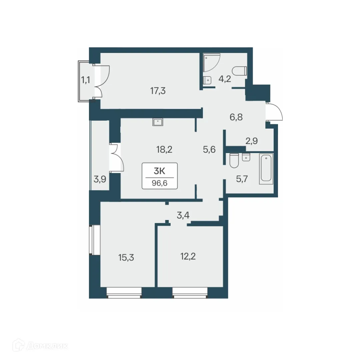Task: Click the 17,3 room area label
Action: [x=158, y=90]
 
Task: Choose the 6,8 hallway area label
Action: [x=236, y=117]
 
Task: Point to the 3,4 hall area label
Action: [x=183, y=215]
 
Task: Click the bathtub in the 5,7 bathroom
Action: [x=266, y=169]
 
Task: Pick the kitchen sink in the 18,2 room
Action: [x=158, y=122]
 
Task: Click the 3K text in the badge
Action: [x=160, y=171]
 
